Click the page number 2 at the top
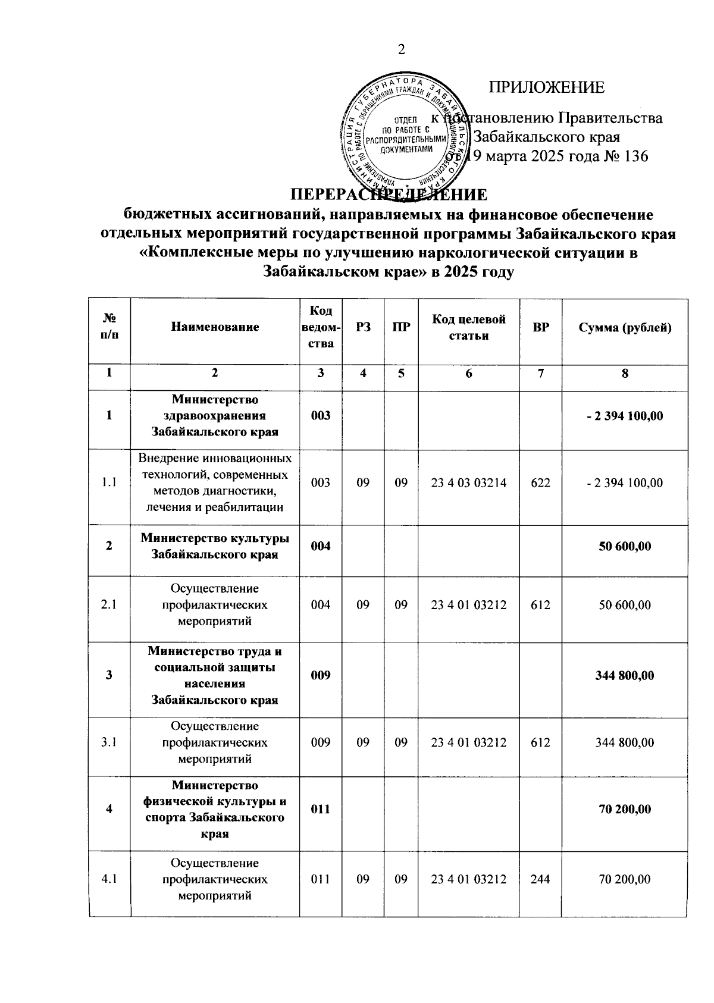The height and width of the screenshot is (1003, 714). pos(401,49)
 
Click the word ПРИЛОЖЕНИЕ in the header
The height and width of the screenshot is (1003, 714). pos(546,88)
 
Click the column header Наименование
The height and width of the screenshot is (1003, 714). pos(215,327)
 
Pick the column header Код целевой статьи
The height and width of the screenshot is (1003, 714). pos(468,327)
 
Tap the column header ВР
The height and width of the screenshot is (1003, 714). pos(541,327)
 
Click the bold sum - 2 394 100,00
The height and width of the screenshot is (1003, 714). pos(624,416)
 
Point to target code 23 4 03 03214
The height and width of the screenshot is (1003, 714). pos(468,483)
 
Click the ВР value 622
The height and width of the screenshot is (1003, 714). pos(541,483)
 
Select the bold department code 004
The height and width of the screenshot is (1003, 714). pos(321,546)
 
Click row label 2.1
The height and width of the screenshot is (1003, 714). pos(109,605)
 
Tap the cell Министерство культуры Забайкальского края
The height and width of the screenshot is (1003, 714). pos(215,546)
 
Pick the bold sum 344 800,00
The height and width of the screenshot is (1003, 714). pos(624,675)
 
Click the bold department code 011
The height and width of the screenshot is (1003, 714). pos(321,809)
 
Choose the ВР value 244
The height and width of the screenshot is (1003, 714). pos(541,879)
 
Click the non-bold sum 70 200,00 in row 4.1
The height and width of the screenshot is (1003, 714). pos(624,879)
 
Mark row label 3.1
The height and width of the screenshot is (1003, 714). pos(109,742)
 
